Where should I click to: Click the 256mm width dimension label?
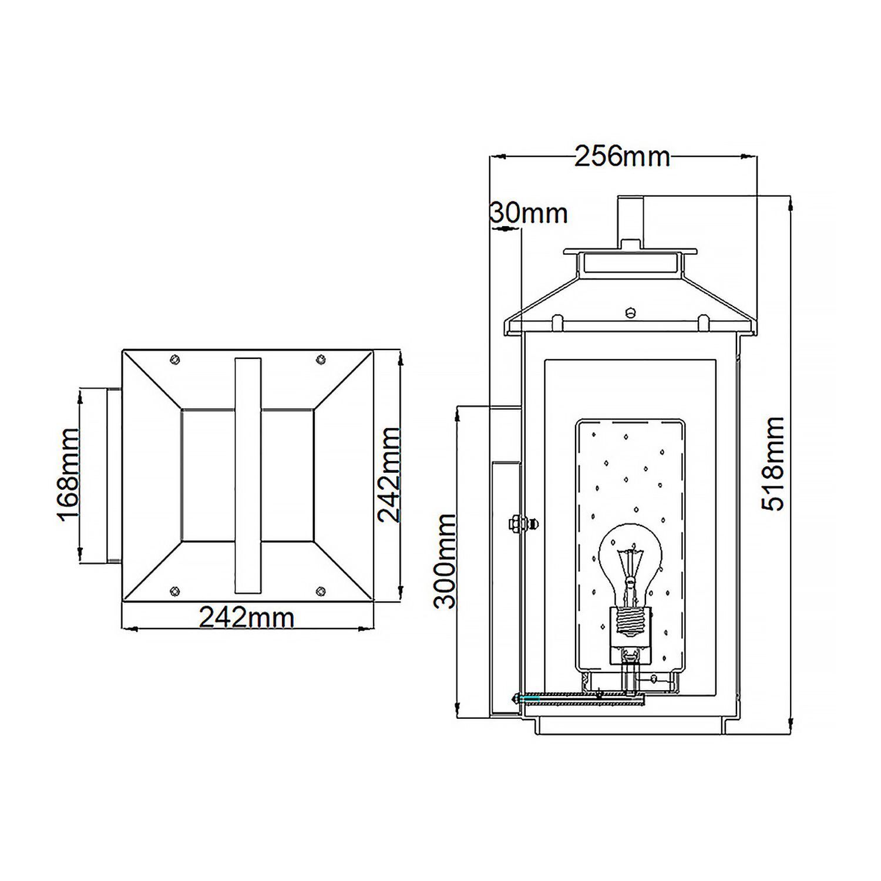tap(622, 157)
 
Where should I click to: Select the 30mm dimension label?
tap(529, 213)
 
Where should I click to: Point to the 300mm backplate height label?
tap(445, 561)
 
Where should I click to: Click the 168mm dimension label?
tap(68, 473)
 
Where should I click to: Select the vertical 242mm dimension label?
tap(388, 474)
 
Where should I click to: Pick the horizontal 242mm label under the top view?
tap(247, 617)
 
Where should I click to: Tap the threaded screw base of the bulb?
tap(630, 623)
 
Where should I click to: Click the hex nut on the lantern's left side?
tap(514, 523)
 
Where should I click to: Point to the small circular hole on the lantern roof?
tap(631, 312)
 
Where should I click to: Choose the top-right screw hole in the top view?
tap(320, 359)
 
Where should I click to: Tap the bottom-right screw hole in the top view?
tap(320, 591)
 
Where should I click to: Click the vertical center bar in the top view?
tap(247, 475)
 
